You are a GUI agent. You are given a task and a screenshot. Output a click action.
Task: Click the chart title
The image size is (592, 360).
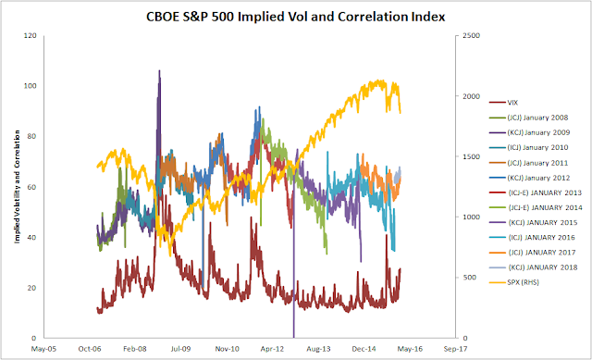click(296, 17)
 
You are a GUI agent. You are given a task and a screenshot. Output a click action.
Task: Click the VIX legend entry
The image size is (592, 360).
click(503, 103)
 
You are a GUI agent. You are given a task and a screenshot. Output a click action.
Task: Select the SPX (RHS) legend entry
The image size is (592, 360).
click(514, 282)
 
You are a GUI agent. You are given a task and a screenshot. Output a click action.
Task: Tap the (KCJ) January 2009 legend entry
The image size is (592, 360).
click(529, 132)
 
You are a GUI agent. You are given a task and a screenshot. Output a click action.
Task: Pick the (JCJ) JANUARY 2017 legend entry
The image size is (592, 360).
click(533, 253)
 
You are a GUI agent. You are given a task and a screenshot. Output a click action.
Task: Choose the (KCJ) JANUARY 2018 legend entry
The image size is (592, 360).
click(533, 267)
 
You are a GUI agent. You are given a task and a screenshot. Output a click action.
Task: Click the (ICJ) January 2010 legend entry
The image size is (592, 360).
click(528, 147)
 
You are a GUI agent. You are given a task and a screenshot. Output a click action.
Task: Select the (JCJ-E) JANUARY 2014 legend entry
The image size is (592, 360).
click(536, 207)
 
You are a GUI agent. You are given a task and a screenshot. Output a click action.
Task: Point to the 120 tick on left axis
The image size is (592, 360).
click(30, 35)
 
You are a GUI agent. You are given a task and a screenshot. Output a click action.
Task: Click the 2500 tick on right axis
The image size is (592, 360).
click(472, 35)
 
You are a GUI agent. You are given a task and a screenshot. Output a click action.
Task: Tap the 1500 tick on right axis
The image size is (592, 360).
click(472, 156)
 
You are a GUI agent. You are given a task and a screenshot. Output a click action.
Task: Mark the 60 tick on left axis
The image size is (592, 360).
click(32, 187)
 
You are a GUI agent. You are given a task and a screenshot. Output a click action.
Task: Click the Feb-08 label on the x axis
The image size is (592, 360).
click(135, 349)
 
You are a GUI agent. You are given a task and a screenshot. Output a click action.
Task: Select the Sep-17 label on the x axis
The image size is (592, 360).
click(455, 349)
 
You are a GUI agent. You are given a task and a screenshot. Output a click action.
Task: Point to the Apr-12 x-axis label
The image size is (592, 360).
click(272, 349)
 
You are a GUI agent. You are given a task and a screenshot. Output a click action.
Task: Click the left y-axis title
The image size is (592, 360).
click(17, 187)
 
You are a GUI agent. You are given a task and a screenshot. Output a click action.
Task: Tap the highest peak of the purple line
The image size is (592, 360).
click(159, 70)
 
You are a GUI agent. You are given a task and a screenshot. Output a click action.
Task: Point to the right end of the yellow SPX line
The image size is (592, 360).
click(401, 113)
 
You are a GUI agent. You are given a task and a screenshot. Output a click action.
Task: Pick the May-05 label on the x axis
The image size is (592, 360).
click(43, 349)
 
